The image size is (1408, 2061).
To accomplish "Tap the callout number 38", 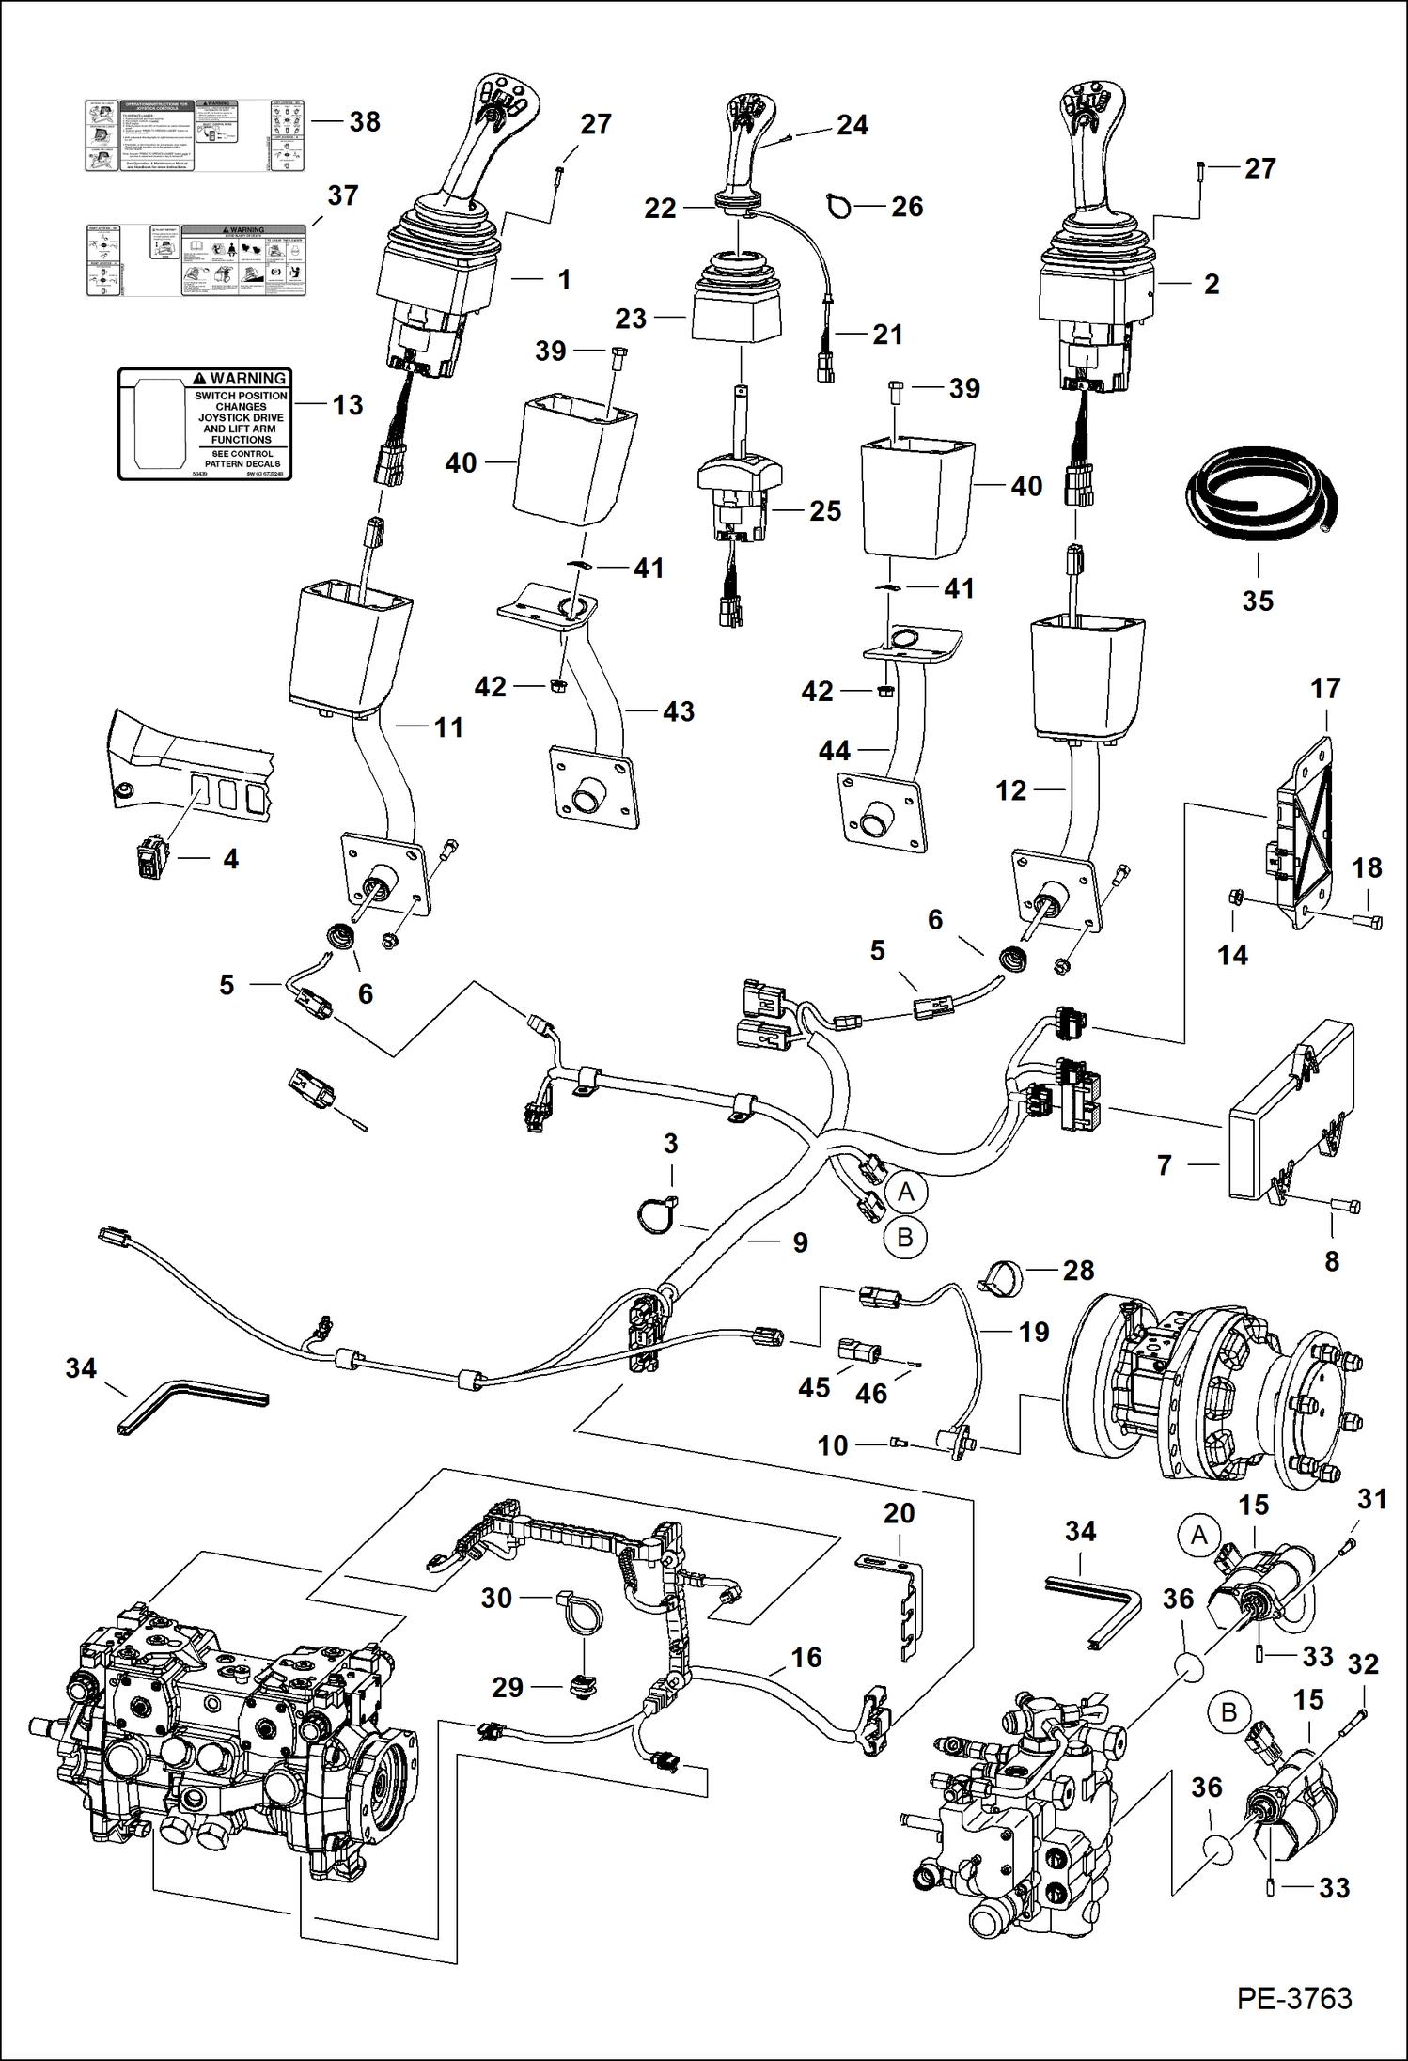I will (x=365, y=121).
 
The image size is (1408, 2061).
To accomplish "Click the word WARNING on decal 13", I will (x=247, y=379).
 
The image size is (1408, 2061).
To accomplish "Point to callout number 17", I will (x=1324, y=689).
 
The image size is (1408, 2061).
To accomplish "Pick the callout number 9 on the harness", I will (x=800, y=1242).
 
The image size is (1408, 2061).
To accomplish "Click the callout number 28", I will (x=1078, y=1271).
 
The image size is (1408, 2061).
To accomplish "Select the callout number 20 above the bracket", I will (x=899, y=1513).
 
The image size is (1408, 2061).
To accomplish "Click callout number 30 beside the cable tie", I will (x=496, y=1598).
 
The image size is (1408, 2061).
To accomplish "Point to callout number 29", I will (x=508, y=1687).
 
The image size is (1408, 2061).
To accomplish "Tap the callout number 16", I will (x=806, y=1657).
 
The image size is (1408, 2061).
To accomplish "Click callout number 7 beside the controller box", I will (x=1165, y=1165).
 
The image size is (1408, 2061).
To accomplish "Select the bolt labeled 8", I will (x=1344, y=1206).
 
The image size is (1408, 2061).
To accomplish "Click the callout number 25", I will (x=825, y=510).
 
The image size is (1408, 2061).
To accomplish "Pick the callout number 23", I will (x=631, y=319).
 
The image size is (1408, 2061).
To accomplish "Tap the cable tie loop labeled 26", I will (x=838, y=205).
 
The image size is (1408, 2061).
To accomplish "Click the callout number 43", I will (x=679, y=711).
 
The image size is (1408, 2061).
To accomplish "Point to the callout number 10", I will (x=833, y=1445).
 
